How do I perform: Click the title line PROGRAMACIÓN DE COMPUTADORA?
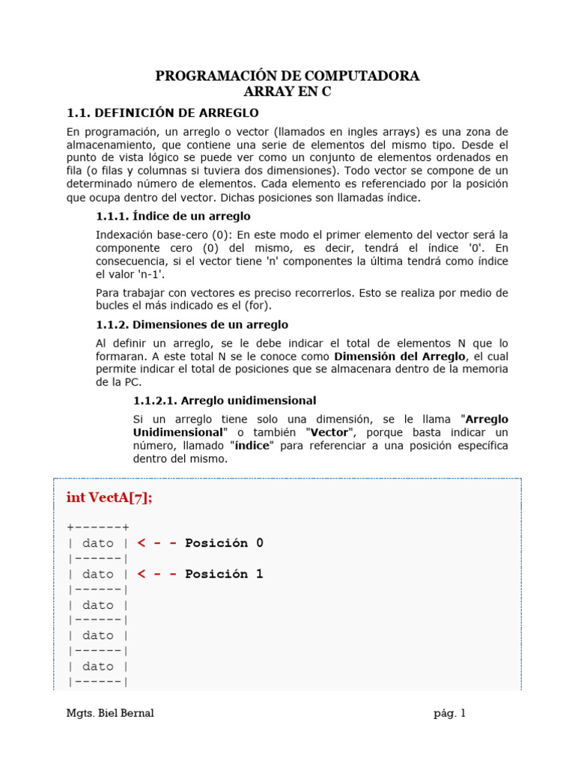click(287, 76)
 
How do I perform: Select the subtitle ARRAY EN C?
click(287, 92)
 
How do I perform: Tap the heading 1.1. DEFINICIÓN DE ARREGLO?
click(162, 113)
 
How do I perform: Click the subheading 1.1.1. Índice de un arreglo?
click(173, 216)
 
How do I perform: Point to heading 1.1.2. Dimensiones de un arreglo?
click(192, 324)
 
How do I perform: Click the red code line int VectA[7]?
click(109, 497)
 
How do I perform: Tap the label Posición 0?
click(224, 543)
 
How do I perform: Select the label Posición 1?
click(224, 575)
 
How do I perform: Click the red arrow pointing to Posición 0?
click(157, 543)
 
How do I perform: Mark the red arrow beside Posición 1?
click(157, 575)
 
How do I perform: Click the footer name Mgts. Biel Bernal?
click(110, 713)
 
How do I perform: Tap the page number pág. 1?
click(449, 713)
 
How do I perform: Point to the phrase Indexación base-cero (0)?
click(160, 234)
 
